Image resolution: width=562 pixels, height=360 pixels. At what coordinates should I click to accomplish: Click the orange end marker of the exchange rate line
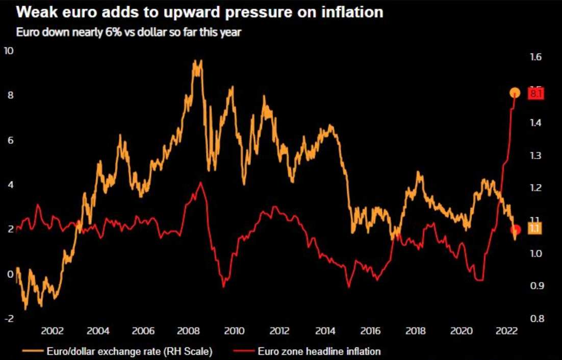click(x=515, y=93)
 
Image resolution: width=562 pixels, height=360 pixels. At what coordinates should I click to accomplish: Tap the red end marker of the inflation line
click(x=516, y=229)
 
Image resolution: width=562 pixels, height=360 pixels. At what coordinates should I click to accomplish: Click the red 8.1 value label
click(x=537, y=94)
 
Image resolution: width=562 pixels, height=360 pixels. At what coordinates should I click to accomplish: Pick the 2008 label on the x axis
click(x=189, y=330)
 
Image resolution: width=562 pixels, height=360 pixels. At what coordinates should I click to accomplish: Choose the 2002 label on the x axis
click(x=53, y=330)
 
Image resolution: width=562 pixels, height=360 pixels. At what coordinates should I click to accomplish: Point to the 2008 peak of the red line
click(x=201, y=183)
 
